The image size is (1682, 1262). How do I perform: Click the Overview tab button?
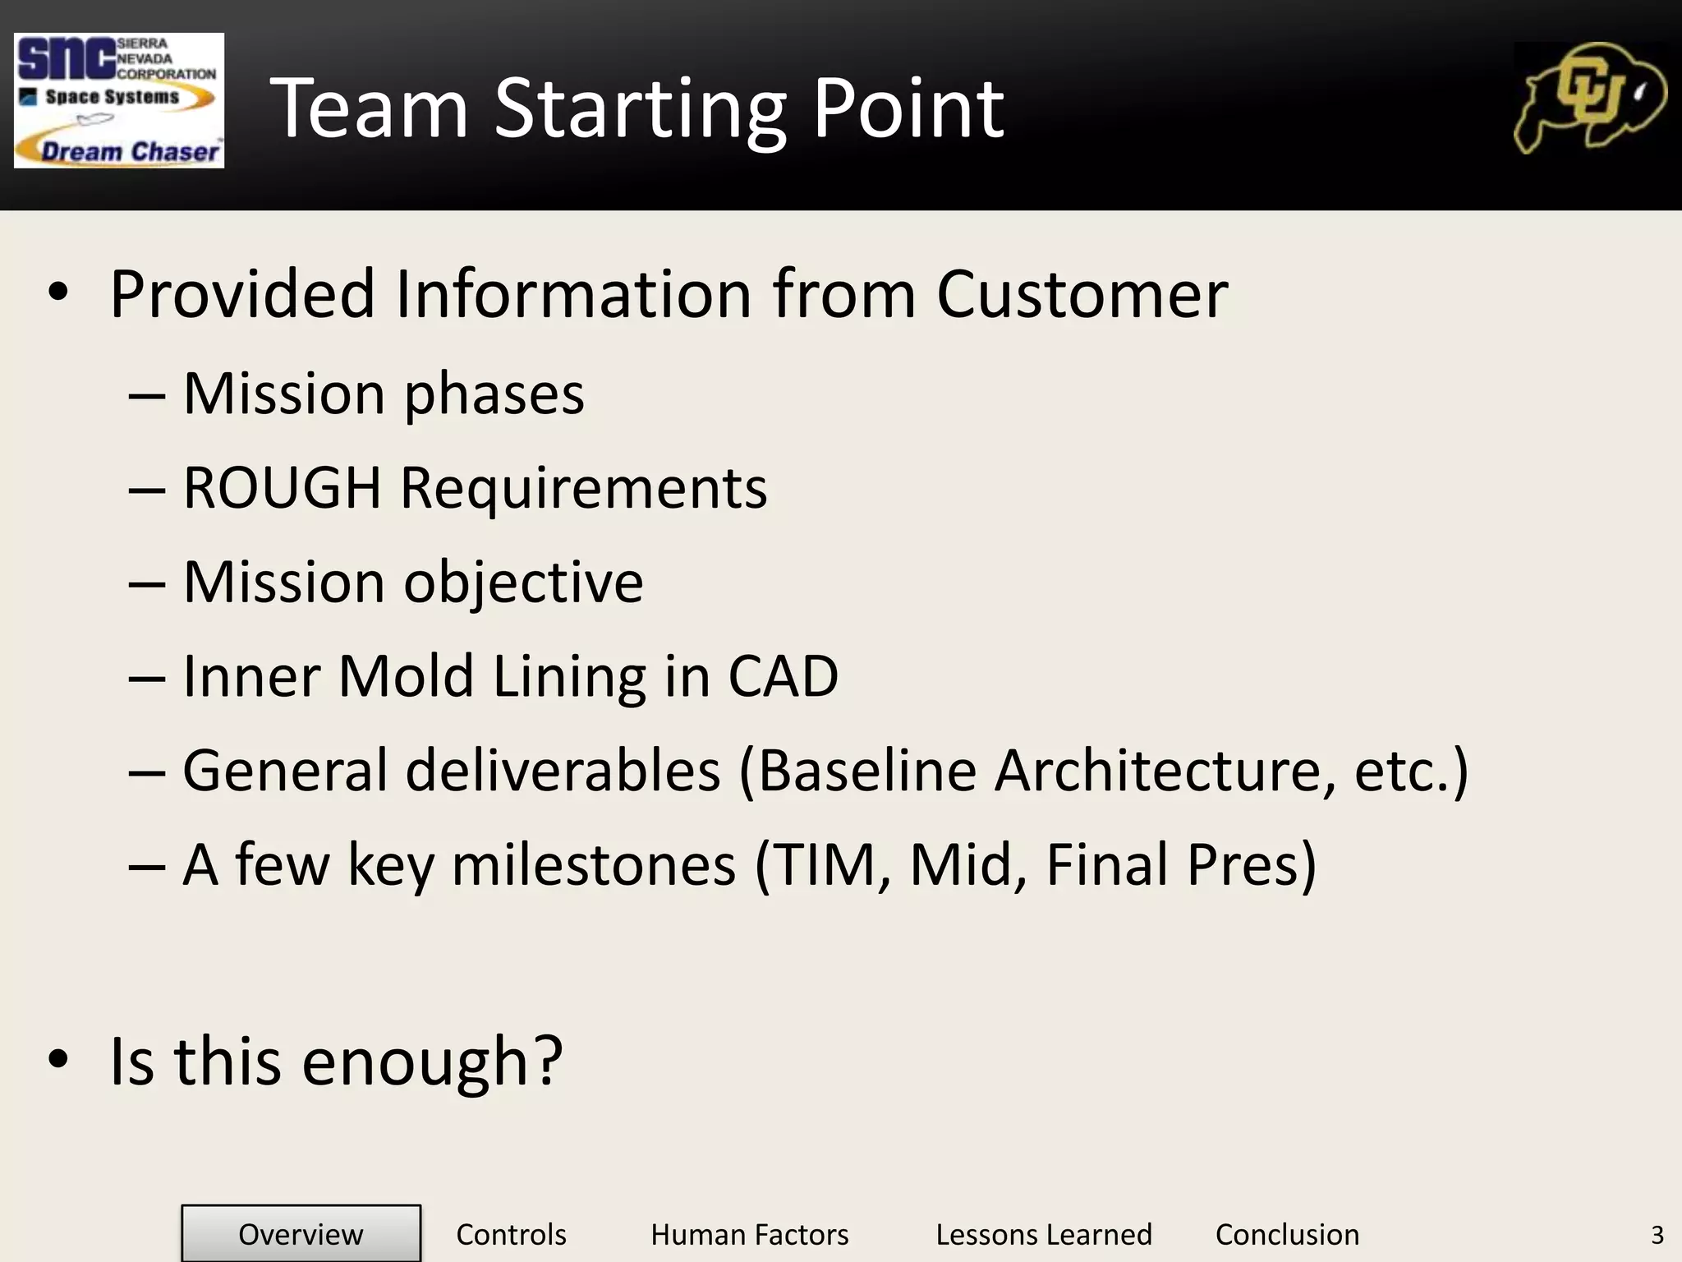tap(301, 1234)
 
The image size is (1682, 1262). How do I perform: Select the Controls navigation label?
tap(511, 1234)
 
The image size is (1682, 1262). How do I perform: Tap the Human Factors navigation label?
tap(749, 1234)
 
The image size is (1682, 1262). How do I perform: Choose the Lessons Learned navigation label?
tap(1043, 1234)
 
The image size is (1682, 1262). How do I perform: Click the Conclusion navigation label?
tap(1287, 1234)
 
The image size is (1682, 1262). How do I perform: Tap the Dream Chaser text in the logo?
tap(130, 151)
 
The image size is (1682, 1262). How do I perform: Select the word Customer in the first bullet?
tap(1082, 293)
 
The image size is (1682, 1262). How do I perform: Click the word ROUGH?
tap(282, 487)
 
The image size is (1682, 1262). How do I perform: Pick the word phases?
tap(494, 394)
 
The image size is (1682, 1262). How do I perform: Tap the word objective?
tap(523, 583)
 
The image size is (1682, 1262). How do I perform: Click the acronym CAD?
tap(783, 676)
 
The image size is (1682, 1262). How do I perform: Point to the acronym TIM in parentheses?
tap(830, 864)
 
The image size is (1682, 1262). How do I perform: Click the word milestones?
tap(594, 864)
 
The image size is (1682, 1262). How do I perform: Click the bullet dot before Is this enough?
tap(58, 1060)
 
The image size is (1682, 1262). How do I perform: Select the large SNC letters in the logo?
tap(66, 59)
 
